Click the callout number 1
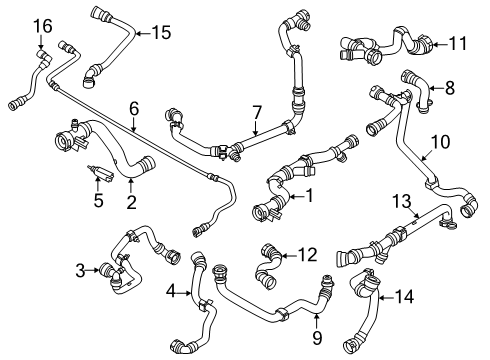[310, 195]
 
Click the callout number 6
[134, 104]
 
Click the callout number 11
[457, 43]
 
